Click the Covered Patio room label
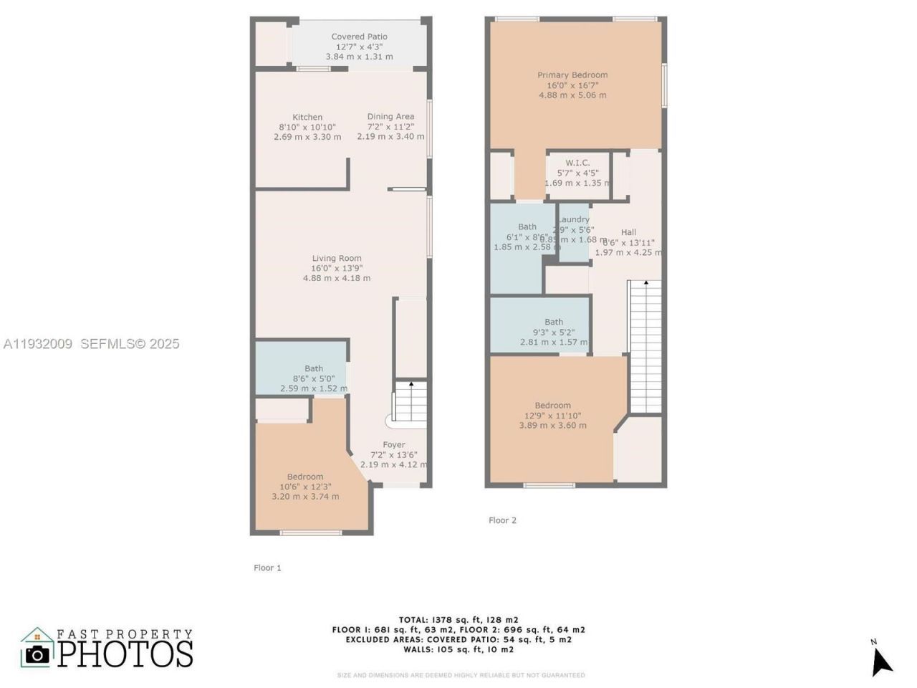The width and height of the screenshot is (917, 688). tap(359, 37)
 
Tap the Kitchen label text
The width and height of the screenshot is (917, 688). tap(307, 117)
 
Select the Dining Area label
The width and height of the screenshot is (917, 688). tap(390, 116)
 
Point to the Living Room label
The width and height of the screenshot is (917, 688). tap(337, 258)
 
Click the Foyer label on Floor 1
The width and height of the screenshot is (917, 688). tap(393, 444)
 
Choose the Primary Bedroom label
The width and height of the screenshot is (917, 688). tap(572, 75)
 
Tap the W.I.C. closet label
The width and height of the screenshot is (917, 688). tap(577, 163)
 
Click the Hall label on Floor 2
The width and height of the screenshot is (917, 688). tap(628, 231)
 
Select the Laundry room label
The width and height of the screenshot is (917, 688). tap(574, 219)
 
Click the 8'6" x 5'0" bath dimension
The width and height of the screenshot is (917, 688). tap(314, 378)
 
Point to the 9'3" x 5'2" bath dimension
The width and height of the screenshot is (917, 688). tap(554, 332)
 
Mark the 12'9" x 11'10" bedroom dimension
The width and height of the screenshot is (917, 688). tap(552, 415)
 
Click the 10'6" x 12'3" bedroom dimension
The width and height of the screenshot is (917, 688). tap(305, 487)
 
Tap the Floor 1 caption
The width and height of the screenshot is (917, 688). tap(267, 568)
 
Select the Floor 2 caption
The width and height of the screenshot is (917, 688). tap(502, 520)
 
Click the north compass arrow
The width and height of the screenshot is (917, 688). tap(881, 660)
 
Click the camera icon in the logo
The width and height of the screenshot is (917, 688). tap(37, 653)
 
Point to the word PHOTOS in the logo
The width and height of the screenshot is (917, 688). tap(125, 654)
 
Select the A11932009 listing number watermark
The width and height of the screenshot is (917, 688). tap(38, 344)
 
